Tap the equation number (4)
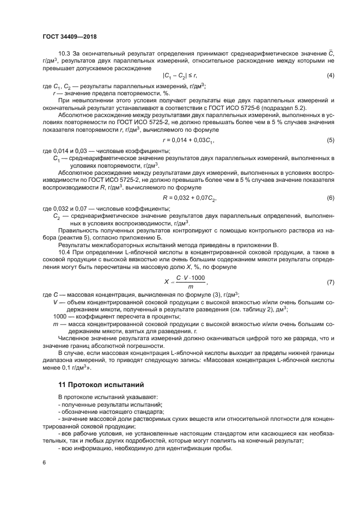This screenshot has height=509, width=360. (330, 75)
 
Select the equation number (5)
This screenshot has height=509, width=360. (330, 140)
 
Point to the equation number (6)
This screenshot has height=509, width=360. (330, 197)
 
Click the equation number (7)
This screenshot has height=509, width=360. (330, 283)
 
